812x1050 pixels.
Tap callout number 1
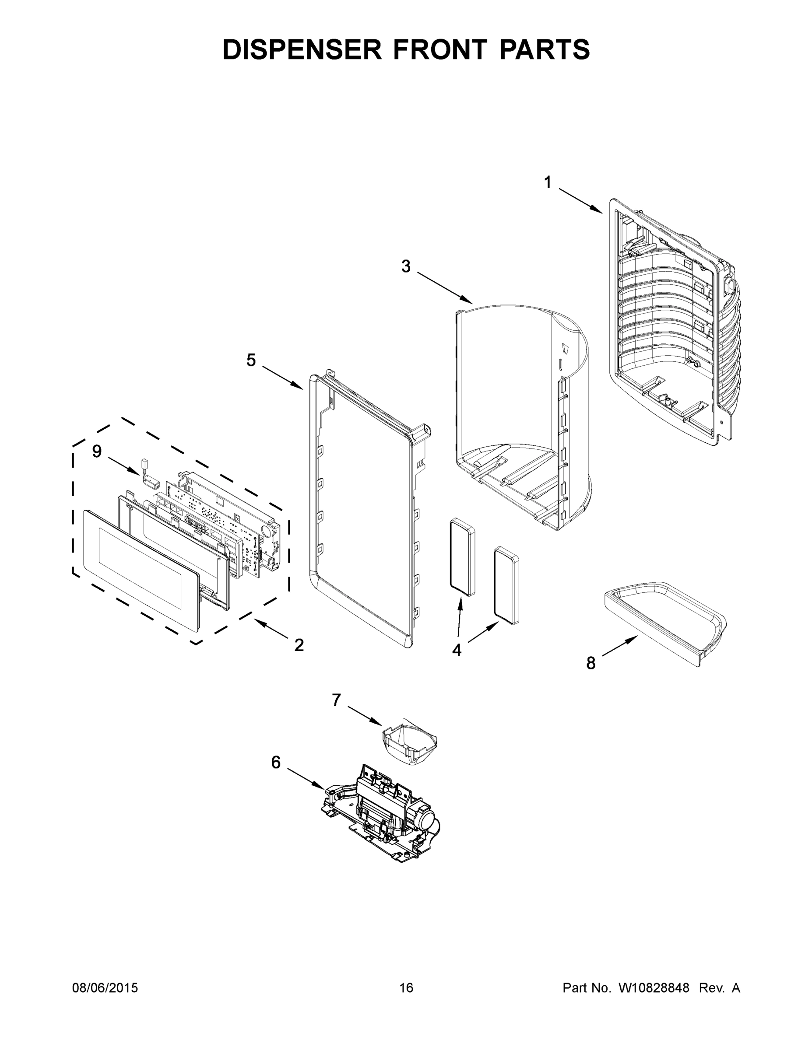click(548, 183)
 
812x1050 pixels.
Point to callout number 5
click(251, 360)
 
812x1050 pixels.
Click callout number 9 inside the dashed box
click(97, 451)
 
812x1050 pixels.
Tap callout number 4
click(457, 650)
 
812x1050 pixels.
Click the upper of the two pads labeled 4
click(462, 558)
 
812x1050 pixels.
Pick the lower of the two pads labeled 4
click(506, 585)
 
